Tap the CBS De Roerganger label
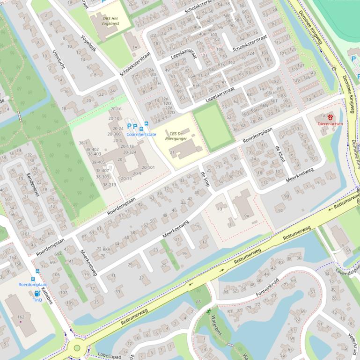point(176,135)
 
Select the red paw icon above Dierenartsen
point(331,117)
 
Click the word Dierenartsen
point(330,124)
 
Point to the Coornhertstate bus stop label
point(141,134)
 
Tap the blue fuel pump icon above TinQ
point(37,294)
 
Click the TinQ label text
point(37,300)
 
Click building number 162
point(21,317)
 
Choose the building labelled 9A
point(246,216)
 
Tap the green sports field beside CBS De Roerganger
point(213,126)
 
